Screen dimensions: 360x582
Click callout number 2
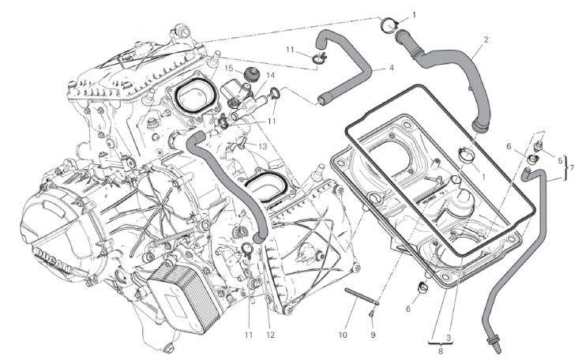(x=486, y=39)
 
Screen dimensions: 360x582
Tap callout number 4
(x=390, y=68)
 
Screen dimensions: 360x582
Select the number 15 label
(x=227, y=69)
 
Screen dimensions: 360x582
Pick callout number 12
(x=271, y=334)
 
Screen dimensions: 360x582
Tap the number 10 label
(x=343, y=334)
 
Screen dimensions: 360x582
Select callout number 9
(x=373, y=334)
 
